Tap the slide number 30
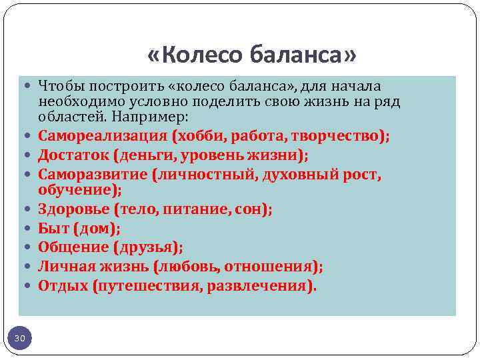tap(20, 339)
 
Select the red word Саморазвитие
tap(92, 175)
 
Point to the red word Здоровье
tap(73, 209)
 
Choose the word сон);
tap(253, 209)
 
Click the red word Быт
tap(52, 229)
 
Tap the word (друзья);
tap(148, 247)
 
